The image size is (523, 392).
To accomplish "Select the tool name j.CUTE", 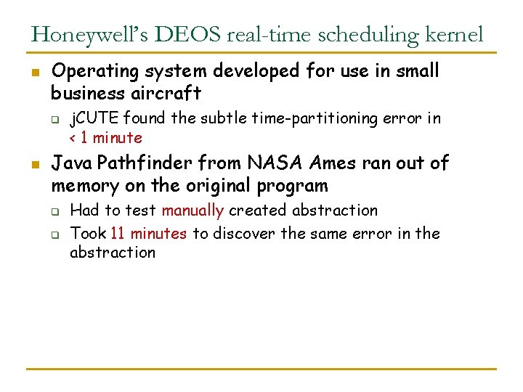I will [94, 118].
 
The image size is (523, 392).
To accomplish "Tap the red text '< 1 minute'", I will [105, 137].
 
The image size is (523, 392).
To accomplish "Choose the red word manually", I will [192, 211].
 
